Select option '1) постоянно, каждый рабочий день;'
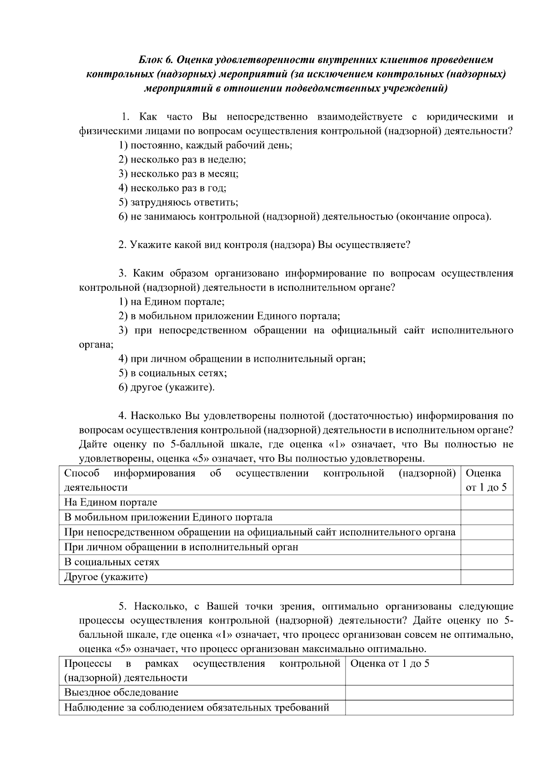[206, 145]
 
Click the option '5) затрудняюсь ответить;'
[178, 202]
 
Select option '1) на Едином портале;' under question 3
[171, 302]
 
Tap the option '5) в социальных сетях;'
[173, 373]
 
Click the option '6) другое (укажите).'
[167, 388]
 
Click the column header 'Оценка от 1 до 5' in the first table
[486, 480]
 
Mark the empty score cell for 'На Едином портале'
[487, 503]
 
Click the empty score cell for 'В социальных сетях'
[487, 562]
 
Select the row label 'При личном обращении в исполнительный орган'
[181, 547]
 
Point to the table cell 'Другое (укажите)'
[106, 577]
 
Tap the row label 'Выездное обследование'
[121, 693]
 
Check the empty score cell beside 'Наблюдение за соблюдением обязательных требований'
[429, 707]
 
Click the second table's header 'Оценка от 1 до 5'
[390, 664]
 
